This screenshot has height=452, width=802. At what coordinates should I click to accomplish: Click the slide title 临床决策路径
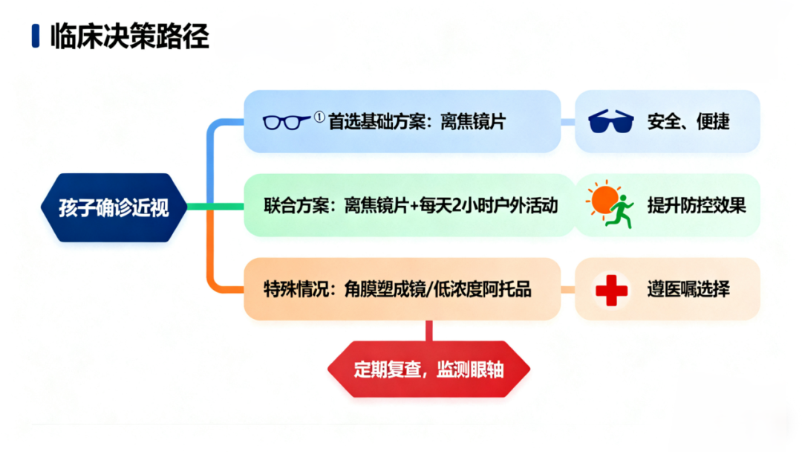coord(130,36)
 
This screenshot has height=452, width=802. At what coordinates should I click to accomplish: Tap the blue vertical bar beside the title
coord(36,36)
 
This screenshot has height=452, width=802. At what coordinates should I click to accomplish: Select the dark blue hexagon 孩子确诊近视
coord(114,207)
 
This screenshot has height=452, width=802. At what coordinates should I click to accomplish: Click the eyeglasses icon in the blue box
coord(286,122)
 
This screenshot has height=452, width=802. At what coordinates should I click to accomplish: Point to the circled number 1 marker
coord(319,117)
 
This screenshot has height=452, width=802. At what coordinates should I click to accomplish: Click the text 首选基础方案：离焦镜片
coord(417,122)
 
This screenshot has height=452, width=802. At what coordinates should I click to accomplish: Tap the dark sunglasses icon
coord(610,121)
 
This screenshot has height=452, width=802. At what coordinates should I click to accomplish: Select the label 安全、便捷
coord(688,122)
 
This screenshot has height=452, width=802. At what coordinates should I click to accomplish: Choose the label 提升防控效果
coord(697,205)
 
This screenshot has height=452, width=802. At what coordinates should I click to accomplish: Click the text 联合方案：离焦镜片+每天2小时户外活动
coord(411,205)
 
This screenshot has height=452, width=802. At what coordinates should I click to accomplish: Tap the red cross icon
coord(611,290)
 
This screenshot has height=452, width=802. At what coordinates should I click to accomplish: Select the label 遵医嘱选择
coord(688,289)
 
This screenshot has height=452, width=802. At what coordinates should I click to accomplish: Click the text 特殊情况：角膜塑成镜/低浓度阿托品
coord(397,289)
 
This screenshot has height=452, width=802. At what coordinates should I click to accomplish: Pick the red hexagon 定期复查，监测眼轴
coord(428,369)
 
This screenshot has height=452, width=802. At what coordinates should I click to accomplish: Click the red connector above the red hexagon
coord(429,331)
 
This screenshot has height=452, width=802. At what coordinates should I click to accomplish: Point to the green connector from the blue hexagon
coord(215,207)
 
